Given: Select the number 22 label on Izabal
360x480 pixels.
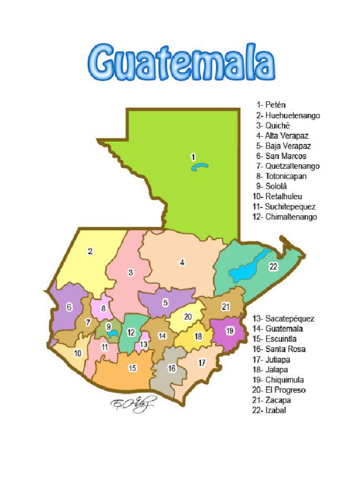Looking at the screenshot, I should coord(273,266).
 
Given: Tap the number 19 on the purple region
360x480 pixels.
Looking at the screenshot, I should coord(229,331).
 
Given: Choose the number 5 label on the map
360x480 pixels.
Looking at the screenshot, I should coord(165,303).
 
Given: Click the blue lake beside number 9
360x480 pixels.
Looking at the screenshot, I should coord(112,334).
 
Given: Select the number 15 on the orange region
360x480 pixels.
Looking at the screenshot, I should coord(133,368).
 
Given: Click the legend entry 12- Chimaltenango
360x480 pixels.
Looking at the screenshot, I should coord(285,217).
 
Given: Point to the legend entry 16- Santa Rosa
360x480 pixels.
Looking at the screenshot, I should coord(280,349).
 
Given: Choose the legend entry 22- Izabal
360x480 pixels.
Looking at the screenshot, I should coord(269,411).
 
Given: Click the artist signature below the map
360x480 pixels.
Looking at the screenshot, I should coord(132,404).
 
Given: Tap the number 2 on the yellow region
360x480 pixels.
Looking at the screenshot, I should coord(90,251).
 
